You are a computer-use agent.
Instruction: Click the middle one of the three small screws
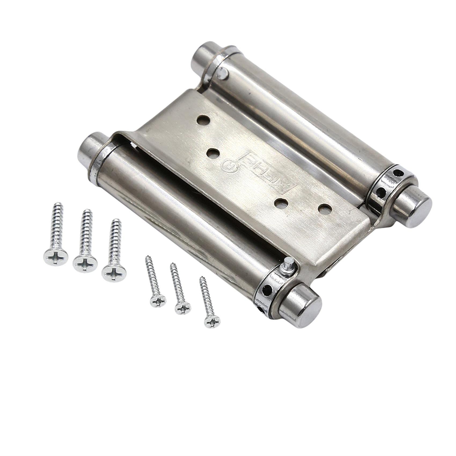pos(183,308)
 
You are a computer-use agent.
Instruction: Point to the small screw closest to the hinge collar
pos(212,321)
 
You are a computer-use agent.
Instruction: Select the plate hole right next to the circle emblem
pos(213,154)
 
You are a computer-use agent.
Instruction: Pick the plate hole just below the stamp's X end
pos(281,204)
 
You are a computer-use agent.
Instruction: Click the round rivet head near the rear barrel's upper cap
pos(222,73)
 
